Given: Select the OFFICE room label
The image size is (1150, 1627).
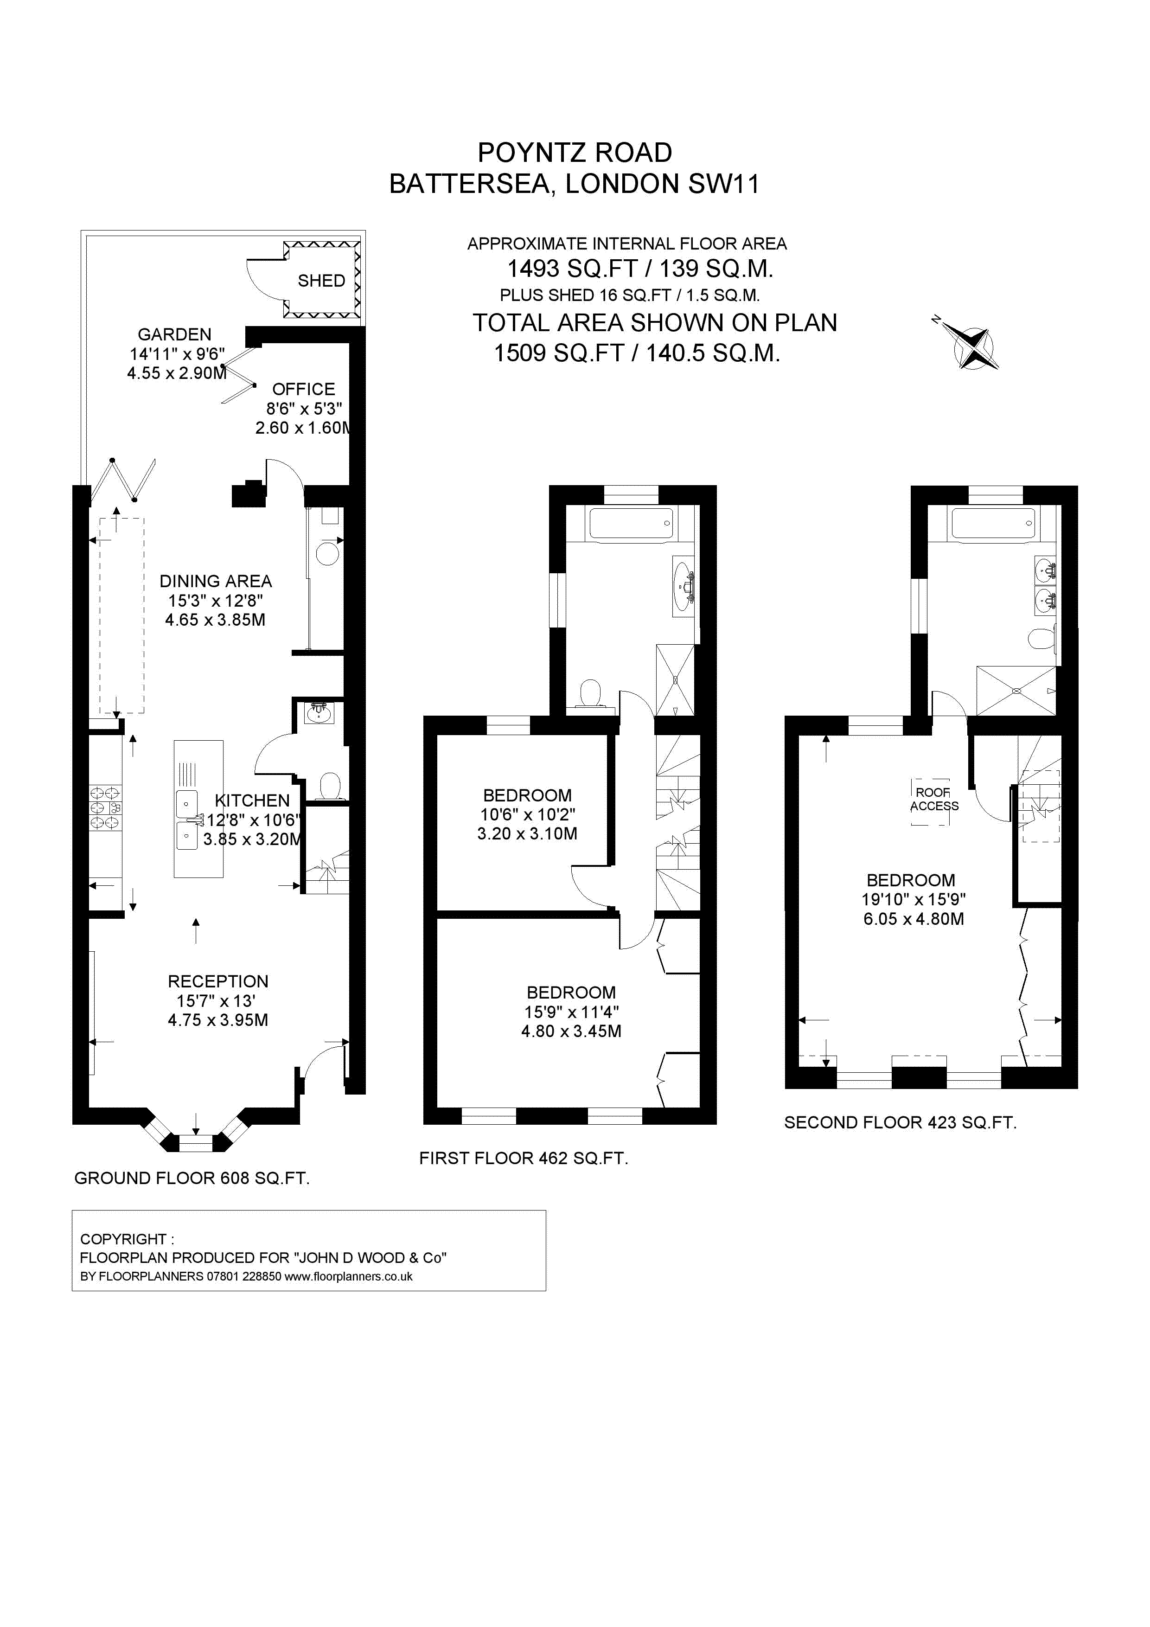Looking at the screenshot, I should pyautogui.click(x=303, y=389).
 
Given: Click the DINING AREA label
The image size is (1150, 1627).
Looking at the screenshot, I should pyautogui.click(x=216, y=581).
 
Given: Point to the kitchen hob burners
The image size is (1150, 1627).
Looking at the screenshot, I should pyautogui.click(x=105, y=808).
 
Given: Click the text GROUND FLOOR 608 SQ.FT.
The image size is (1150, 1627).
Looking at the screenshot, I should pyautogui.click(x=192, y=1179).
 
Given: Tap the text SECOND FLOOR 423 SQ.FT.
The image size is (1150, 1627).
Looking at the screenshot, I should pyautogui.click(x=900, y=1122).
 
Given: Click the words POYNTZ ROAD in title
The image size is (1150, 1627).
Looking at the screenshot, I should pyautogui.click(x=575, y=152).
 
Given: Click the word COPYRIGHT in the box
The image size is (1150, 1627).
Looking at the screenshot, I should pyautogui.click(x=123, y=1239).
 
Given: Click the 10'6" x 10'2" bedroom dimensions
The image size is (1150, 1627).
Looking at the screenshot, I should pyautogui.click(x=527, y=815).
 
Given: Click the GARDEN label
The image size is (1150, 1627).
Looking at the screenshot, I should pyautogui.click(x=174, y=334).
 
